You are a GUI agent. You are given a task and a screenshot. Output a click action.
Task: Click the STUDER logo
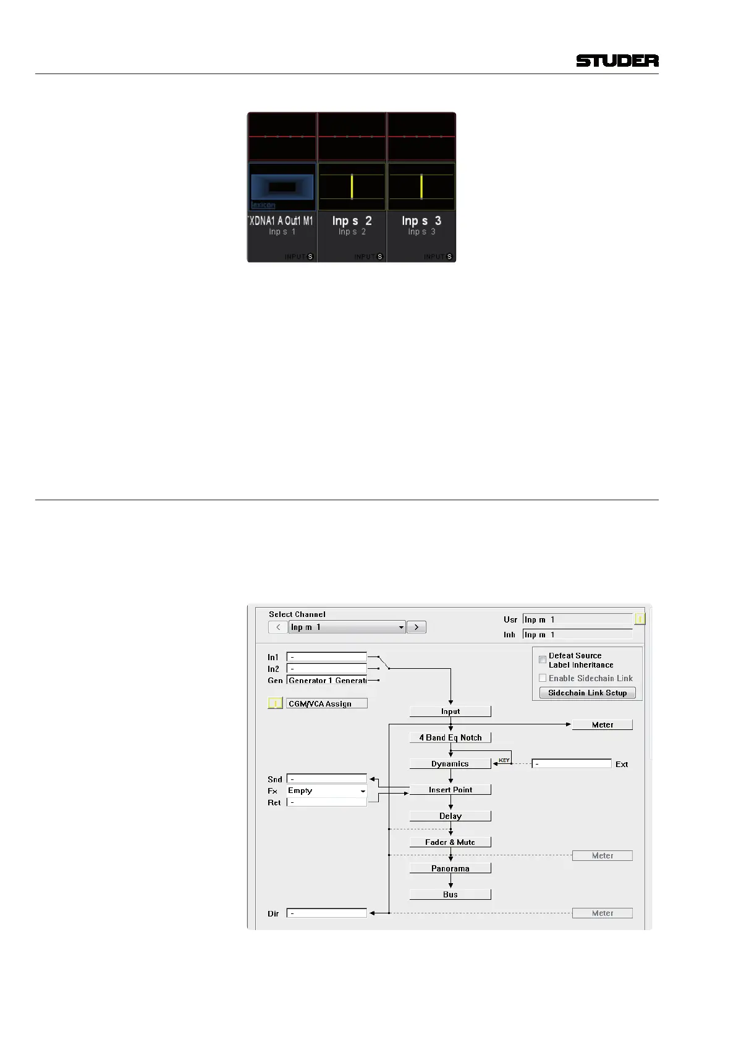[x=617, y=61]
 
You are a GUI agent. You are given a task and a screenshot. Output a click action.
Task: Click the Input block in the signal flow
[x=450, y=711]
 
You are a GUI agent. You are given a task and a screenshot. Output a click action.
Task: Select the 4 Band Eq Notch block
[x=450, y=737]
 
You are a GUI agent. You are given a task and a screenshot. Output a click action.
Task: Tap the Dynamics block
[x=450, y=764]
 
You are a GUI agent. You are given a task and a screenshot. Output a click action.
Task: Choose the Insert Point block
[x=450, y=790]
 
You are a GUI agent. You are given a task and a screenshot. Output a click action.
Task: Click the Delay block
[x=450, y=816]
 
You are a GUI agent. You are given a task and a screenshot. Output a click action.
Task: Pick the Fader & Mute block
[x=450, y=842]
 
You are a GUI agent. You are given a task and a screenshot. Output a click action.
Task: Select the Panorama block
[x=450, y=868]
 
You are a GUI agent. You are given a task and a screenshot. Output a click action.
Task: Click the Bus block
[x=450, y=894]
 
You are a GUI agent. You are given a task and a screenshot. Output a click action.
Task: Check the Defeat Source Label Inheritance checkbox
[x=543, y=660]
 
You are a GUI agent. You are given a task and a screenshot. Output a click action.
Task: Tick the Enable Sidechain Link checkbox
[x=543, y=678]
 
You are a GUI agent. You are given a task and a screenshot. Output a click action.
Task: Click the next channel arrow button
[x=417, y=627]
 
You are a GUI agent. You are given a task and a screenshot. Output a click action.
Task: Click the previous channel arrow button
[x=278, y=627]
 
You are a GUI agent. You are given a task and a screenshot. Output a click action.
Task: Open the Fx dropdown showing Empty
[x=327, y=790]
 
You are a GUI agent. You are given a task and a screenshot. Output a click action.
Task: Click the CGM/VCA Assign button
[x=327, y=703]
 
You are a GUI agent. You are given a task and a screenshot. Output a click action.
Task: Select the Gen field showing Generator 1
[x=327, y=681]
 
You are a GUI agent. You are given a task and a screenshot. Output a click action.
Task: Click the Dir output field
[x=327, y=913]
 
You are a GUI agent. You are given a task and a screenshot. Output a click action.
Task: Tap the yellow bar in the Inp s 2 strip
[x=352, y=187]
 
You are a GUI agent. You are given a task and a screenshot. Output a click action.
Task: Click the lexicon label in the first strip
[x=263, y=205]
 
